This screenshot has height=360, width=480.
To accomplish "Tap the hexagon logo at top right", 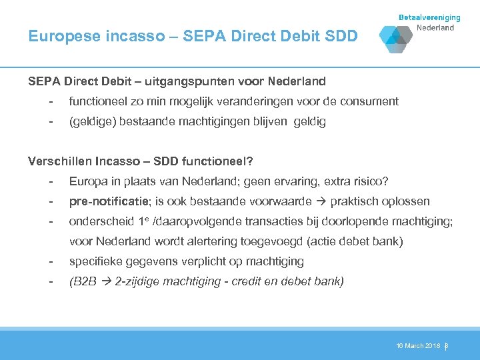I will (x=396, y=39).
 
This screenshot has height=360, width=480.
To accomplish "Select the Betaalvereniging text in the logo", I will (x=429, y=18).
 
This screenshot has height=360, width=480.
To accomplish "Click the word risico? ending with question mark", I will (x=371, y=181).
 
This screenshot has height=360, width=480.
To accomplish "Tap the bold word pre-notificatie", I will (x=107, y=201).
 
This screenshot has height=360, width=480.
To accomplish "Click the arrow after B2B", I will (x=107, y=281).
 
